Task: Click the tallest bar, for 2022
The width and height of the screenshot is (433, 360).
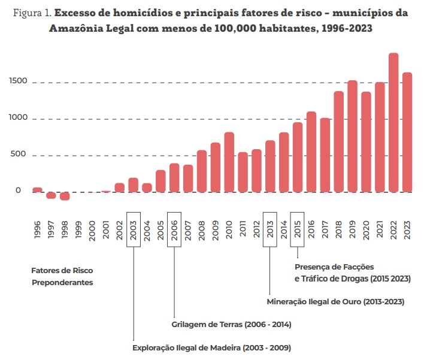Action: [x=393, y=123]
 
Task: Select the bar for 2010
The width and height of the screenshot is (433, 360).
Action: [x=229, y=162]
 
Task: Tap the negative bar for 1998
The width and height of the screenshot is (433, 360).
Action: [x=65, y=196]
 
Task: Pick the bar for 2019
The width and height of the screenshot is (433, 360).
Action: [x=352, y=137]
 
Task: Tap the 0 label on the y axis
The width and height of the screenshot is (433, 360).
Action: [x=18, y=190]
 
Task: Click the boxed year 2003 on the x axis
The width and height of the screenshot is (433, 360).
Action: [x=133, y=227]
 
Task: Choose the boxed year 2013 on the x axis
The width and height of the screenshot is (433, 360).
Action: [x=270, y=227]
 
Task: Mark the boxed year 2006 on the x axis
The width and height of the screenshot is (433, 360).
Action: [x=174, y=227]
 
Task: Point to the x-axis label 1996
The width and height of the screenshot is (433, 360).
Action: [x=37, y=228]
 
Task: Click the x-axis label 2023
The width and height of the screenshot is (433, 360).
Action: [x=407, y=228]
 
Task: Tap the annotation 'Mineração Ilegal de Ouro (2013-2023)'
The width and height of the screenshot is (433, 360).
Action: [x=335, y=302]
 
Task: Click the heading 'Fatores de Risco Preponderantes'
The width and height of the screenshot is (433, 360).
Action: [x=62, y=276]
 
